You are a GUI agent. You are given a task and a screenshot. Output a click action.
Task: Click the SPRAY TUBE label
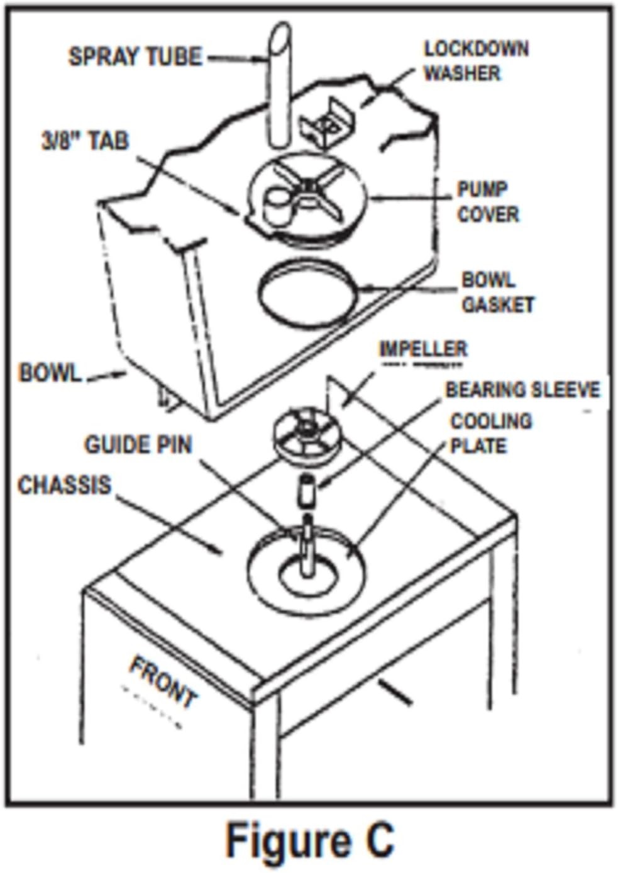[135, 57]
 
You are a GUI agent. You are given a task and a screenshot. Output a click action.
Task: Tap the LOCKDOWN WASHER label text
[476, 61]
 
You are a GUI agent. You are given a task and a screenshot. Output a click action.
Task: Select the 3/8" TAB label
[86, 140]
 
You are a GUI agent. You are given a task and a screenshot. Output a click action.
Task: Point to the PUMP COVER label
[488, 202]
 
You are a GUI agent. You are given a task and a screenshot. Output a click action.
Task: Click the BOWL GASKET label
[498, 292]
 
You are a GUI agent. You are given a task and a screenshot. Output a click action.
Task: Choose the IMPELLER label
[424, 349]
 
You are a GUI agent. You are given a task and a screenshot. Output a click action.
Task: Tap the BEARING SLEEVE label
[523, 390]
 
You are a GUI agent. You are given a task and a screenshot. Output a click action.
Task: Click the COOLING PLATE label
[491, 434]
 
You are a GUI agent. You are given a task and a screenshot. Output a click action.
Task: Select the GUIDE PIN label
[138, 445]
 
